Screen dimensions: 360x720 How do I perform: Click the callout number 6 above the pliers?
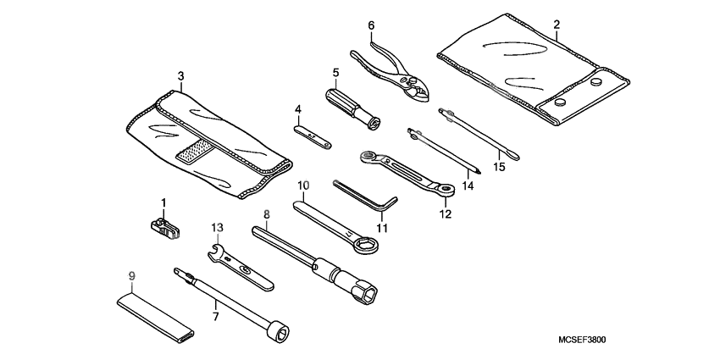pyautogui.click(x=370, y=26)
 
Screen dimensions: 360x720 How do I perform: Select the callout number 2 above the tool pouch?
pyautogui.click(x=556, y=25)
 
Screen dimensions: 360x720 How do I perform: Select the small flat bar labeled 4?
pyautogui.click(x=311, y=133)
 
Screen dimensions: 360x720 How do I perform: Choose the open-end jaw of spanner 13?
pyautogui.click(x=218, y=252)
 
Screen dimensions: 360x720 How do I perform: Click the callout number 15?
pyautogui.click(x=499, y=167)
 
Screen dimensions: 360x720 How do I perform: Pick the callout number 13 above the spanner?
pyautogui.click(x=218, y=228)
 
